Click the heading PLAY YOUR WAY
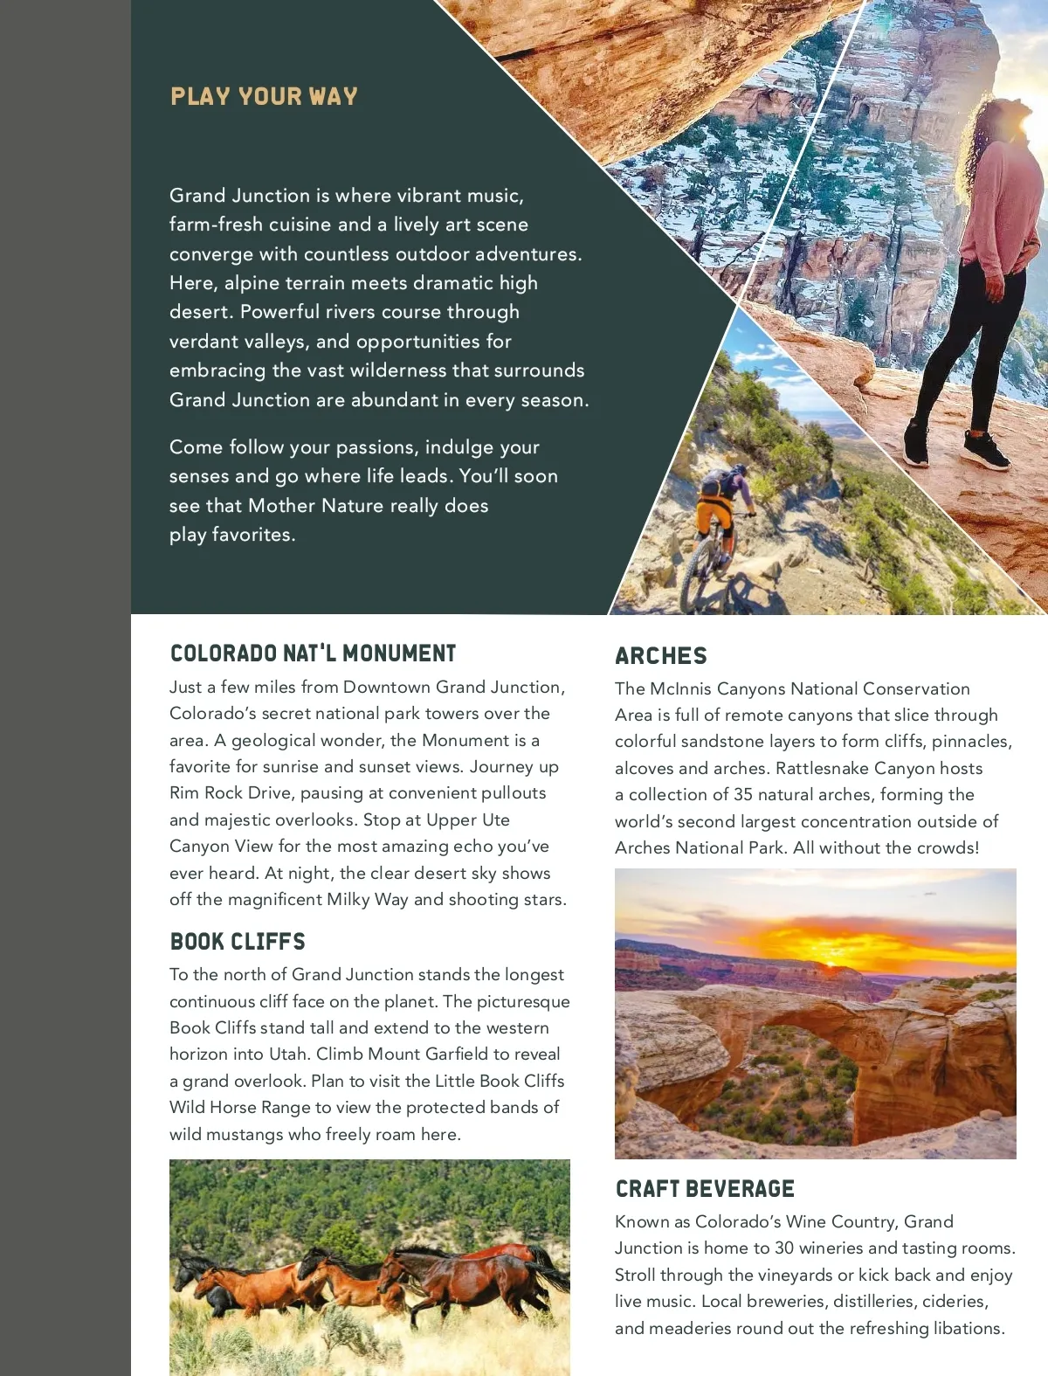click(264, 96)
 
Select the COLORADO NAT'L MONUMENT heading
click(313, 653)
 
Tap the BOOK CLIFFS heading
click(238, 941)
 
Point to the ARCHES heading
click(661, 656)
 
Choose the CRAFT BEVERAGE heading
click(705, 1189)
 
